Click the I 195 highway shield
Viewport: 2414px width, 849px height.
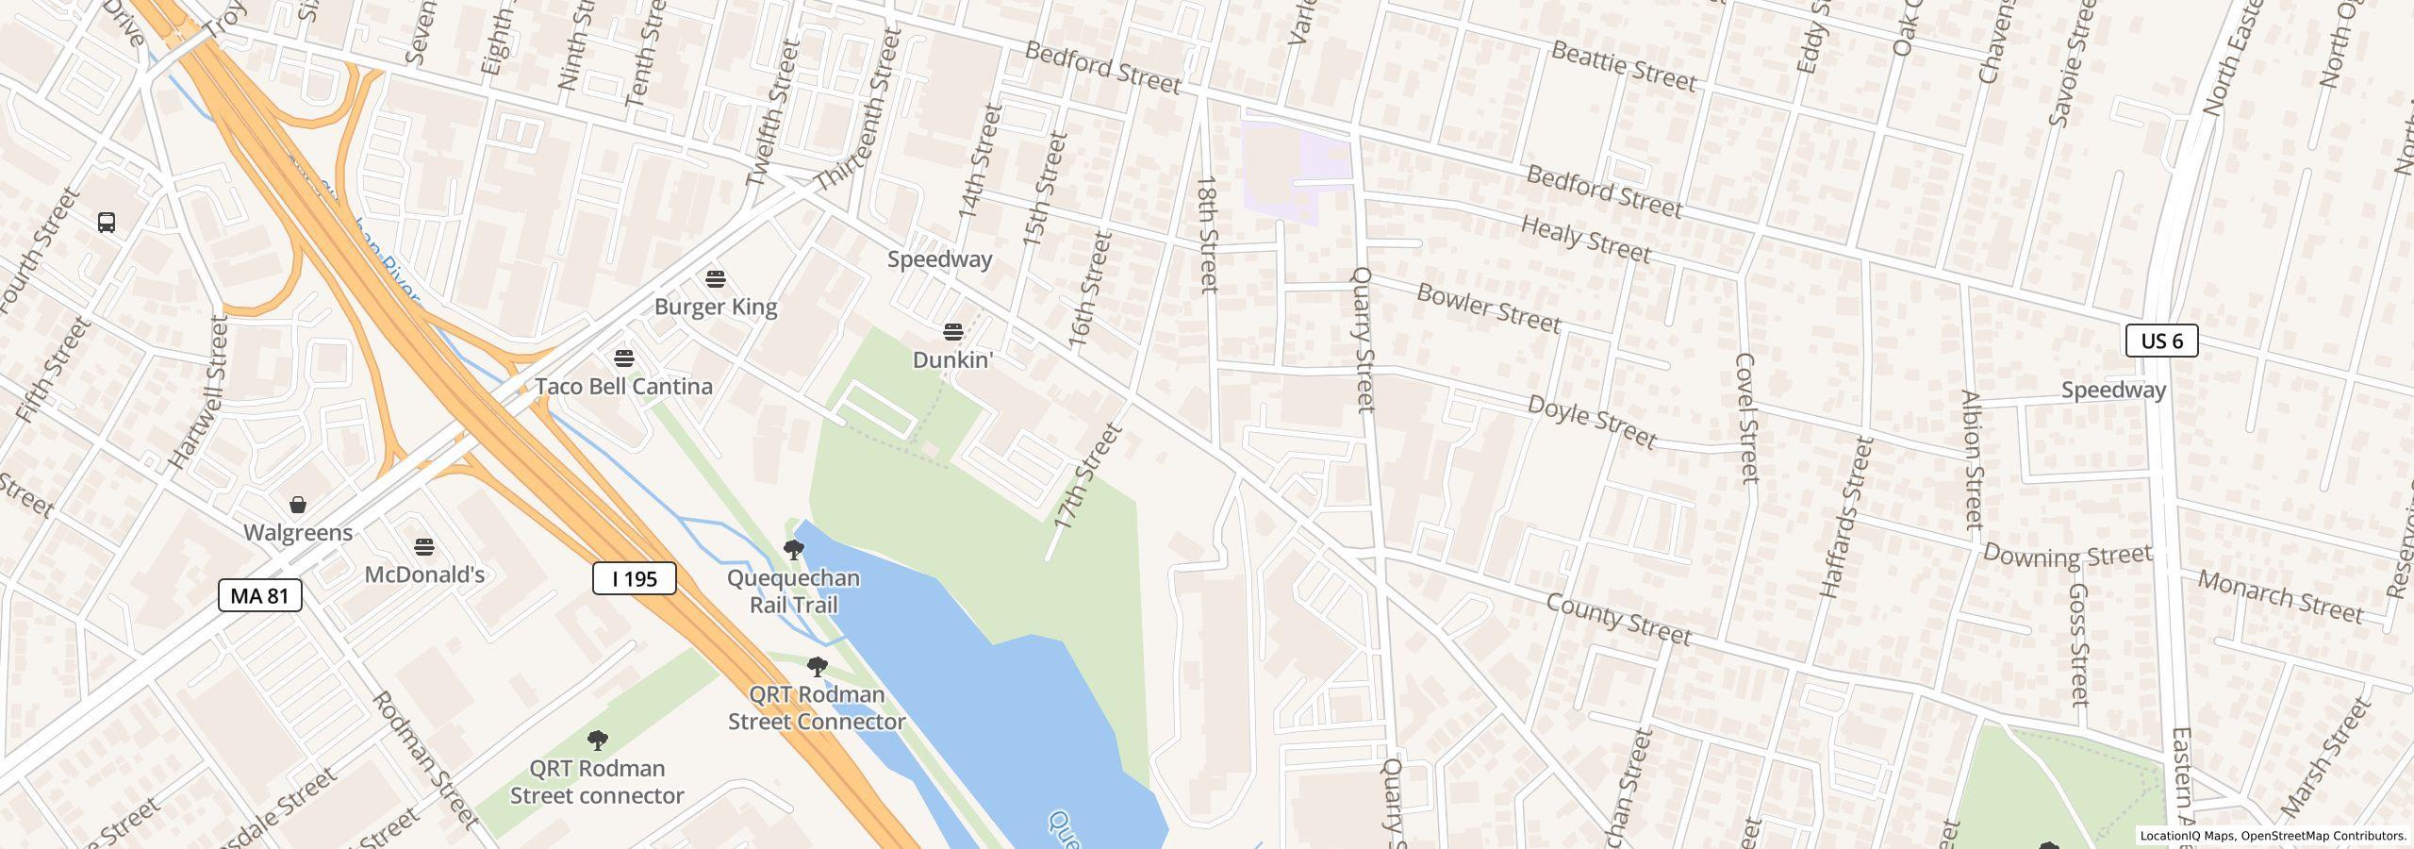coord(634,578)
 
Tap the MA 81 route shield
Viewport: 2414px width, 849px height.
coord(259,595)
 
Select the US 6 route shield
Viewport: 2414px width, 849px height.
coord(2161,341)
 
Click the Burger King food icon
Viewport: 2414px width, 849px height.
coord(716,279)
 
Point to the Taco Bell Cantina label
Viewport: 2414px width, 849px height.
coord(623,387)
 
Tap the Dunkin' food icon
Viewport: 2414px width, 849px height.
coord(953,332)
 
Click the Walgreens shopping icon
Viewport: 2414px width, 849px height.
coord(298,505)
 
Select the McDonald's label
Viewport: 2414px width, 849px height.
coord(424,574)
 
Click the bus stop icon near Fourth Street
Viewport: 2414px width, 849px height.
coord(107,223)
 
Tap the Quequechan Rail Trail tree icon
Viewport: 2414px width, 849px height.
coord(794,549)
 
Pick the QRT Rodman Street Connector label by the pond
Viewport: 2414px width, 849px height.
coord(817,707)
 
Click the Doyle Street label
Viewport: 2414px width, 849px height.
coord(1591,422)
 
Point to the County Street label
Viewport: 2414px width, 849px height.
coord(1618,620)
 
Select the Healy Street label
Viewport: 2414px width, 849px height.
coord(1585,240)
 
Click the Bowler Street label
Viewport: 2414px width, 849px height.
coord(1488,308)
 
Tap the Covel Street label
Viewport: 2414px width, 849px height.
coord(1746,417)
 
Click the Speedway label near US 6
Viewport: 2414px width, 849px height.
coord(2112,391)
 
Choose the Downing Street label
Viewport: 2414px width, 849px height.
coord(2067,555)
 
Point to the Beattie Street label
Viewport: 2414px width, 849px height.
coord(1622,65)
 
